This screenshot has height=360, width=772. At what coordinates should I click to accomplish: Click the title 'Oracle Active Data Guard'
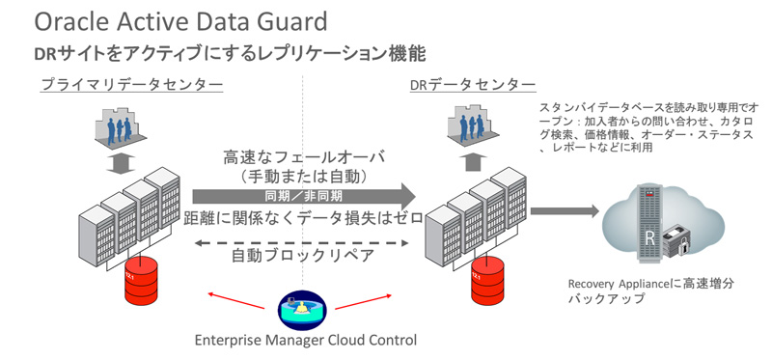pos(179,20)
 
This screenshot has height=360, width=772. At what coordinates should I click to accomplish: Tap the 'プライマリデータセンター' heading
pos(131,85)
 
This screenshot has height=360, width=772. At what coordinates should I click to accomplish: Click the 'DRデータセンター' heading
pos(472,85)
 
